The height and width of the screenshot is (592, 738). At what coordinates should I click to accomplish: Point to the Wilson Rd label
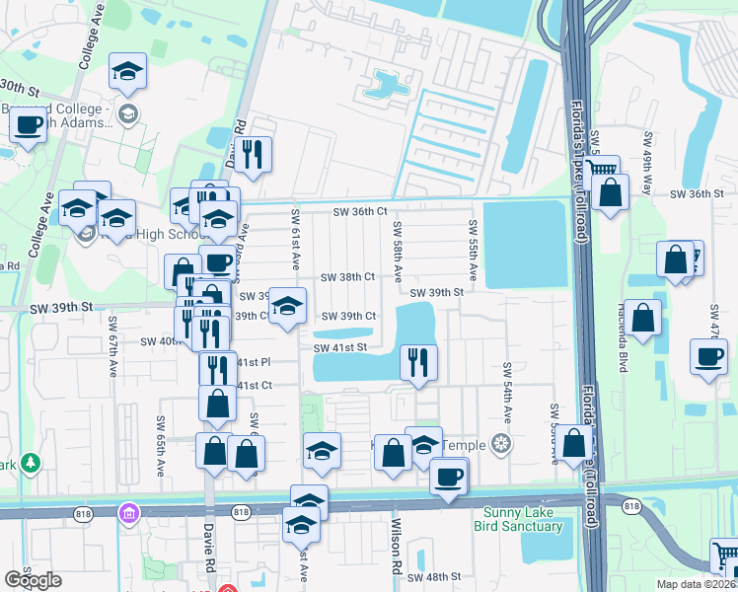(x=397, y=549)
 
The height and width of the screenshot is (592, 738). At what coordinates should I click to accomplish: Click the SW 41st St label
(x=340, y=347)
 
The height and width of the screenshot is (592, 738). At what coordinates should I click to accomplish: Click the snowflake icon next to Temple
(x=502, y=445)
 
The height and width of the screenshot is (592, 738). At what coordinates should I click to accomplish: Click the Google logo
(x=34, y=580)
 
